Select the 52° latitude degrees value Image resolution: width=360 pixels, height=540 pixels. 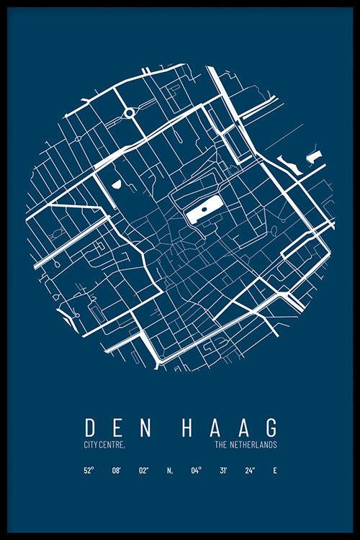[x=89, y=471]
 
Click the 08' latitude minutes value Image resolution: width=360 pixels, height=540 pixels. [x=117, y=471]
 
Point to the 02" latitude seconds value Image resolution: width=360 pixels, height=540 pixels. [x=143, y=471]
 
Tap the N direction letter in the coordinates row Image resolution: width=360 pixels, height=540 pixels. [x=170, y=471]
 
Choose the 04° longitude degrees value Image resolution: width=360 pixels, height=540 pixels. [x=196, y=471]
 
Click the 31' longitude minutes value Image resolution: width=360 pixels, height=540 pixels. [x=223, y=471]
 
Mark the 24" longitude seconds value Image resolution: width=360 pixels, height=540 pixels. [x=249, y=471]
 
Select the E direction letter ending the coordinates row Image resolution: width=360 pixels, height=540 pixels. [x=274, y=471]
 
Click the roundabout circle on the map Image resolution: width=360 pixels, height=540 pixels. [x=130, y=112]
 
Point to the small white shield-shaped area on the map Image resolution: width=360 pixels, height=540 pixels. [x=116, y=184]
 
